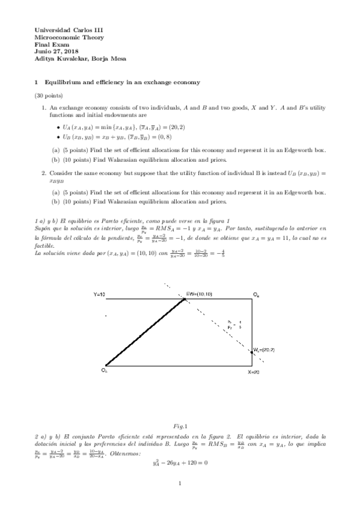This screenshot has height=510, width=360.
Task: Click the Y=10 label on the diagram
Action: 100,294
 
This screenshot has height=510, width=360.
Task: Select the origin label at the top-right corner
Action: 256,294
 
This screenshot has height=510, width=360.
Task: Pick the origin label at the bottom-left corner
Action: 104,370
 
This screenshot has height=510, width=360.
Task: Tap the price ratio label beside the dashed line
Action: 230,325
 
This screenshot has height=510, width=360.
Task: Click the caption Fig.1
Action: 180,426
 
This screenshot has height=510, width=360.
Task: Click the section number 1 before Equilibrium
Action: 37,82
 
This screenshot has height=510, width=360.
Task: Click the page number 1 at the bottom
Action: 180,483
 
